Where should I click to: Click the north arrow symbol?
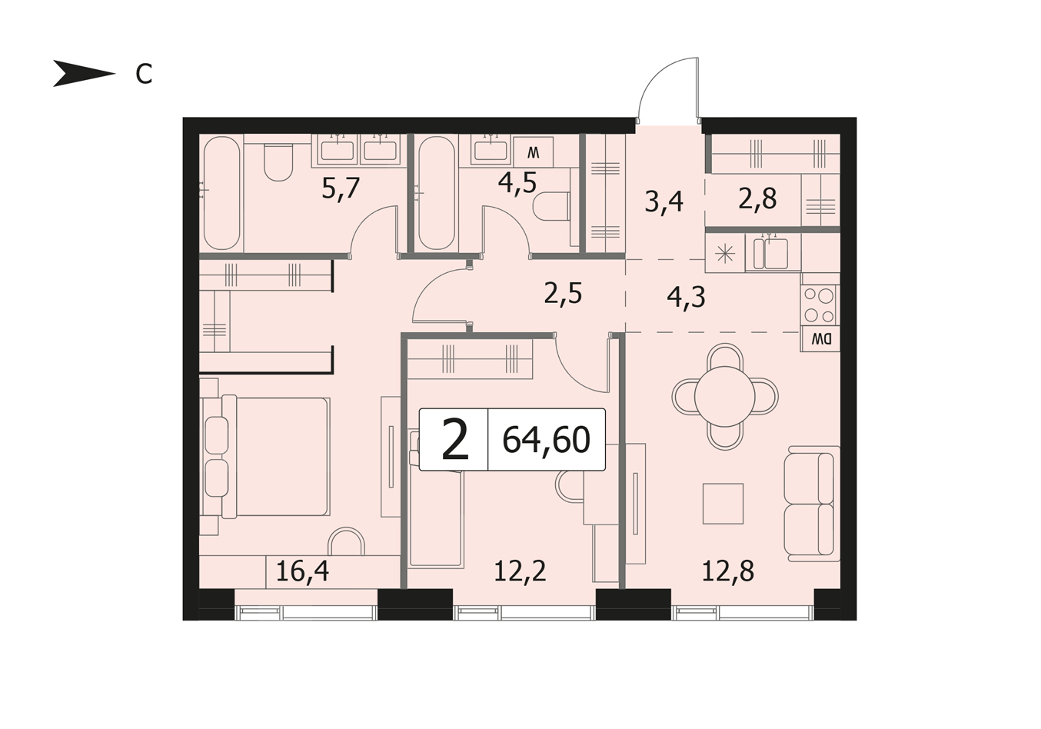pos(84,74)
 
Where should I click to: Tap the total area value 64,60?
pos(546,440)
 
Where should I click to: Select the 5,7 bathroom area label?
pos(341,189)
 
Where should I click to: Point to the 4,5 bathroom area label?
pos(517,183)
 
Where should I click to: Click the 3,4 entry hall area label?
pos(664,202)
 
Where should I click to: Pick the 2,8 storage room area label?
pos(757,199)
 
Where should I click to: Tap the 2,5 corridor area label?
pos(563,294)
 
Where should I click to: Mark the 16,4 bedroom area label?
pos(302,571)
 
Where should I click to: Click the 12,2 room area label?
pos(520,571)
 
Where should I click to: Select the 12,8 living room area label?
pos(728,571)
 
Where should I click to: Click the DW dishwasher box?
pos(820,339)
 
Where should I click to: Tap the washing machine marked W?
pos(534,152)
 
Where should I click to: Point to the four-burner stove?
pos(819,305)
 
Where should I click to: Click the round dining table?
pos(724,397)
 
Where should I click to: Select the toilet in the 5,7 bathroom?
pos(278,161)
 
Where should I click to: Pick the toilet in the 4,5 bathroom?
pos(551,206)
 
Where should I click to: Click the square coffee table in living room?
pos(723,504)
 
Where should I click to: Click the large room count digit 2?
pos(454,439)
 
